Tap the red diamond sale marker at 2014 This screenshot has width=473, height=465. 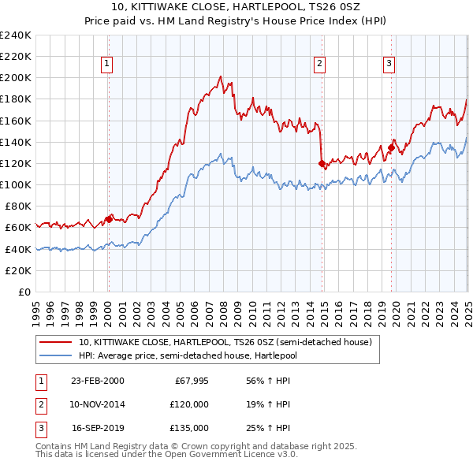[322, 164]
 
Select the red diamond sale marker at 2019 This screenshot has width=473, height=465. [391, 147]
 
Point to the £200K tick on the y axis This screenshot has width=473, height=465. [16, 78]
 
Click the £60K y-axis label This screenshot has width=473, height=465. [18, 228]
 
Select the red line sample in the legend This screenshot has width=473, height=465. [55, 343]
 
